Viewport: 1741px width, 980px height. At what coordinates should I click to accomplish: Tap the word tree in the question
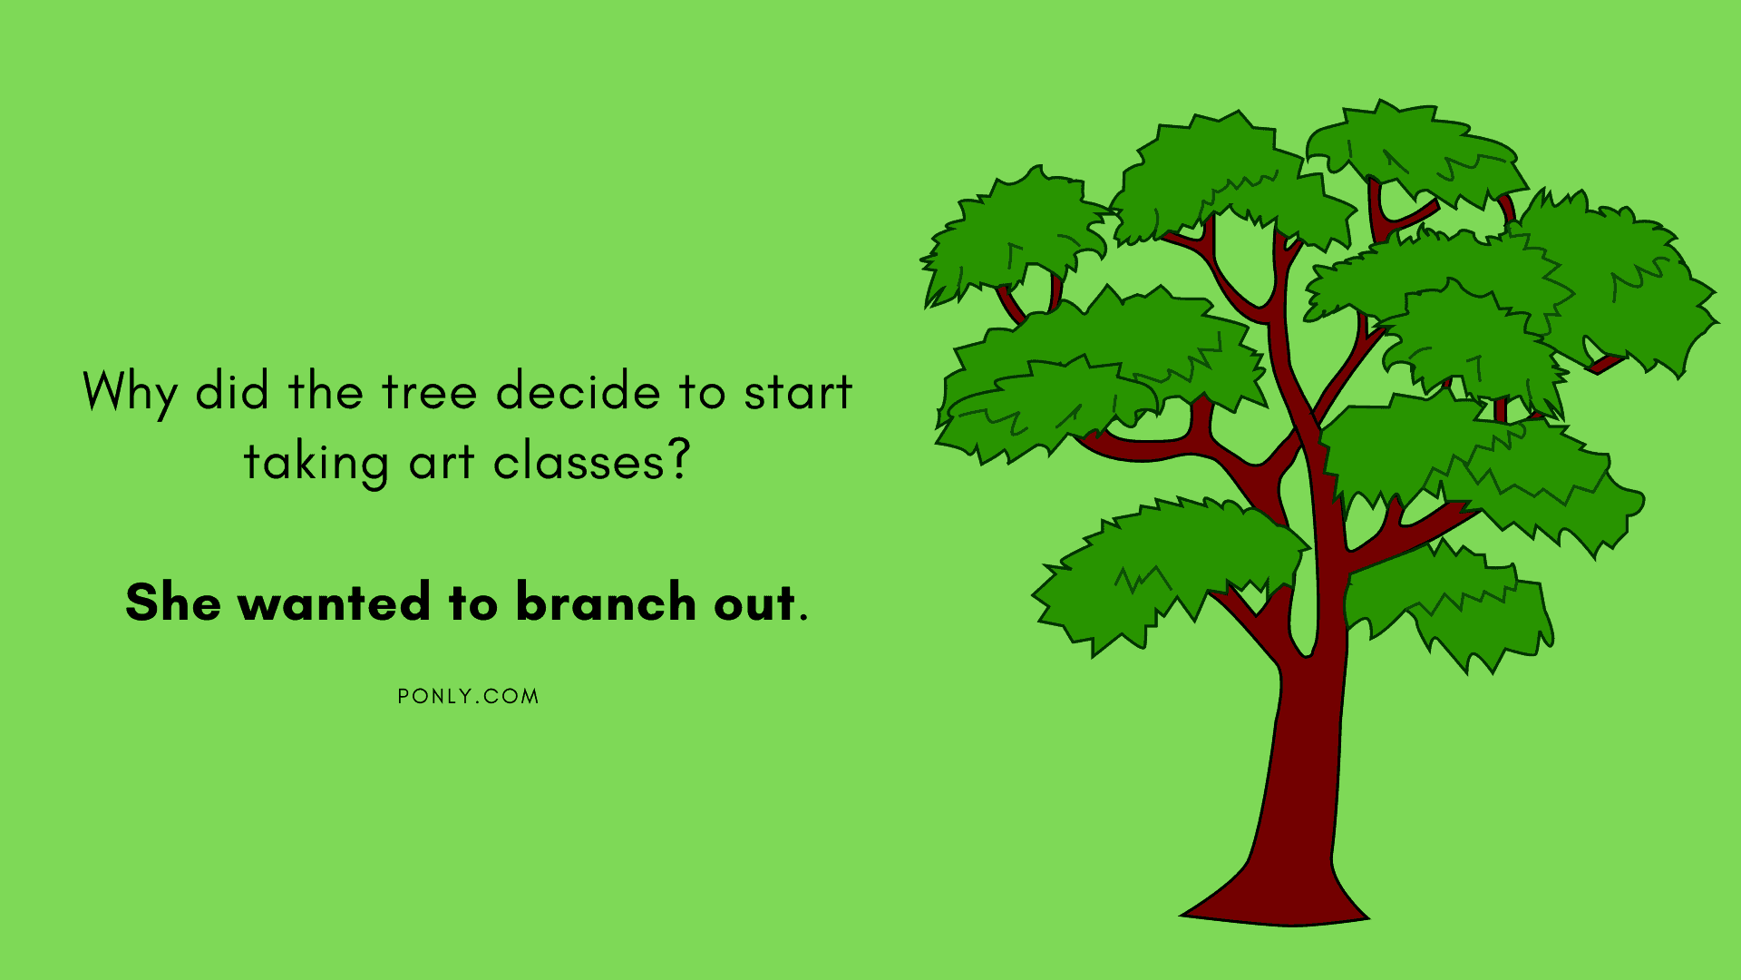click(430, 392)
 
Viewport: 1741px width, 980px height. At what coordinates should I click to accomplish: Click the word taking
click(316, 464)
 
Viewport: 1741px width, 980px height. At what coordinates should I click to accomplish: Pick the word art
click(442, 463)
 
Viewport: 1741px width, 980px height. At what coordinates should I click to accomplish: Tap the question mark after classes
click(678, 460)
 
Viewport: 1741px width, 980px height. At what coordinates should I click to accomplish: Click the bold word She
click(173, 602)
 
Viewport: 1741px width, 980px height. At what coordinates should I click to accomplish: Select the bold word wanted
click(334, 603)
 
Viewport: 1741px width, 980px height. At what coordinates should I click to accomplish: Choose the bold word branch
click(606, 602)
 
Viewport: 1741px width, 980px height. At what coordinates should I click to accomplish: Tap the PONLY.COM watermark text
click(468, 697)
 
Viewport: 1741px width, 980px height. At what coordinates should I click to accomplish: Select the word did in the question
click(232, 391)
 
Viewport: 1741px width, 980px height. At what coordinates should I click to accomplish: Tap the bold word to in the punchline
click(473, 603)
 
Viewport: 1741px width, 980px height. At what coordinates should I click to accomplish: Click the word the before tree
click(326, 391)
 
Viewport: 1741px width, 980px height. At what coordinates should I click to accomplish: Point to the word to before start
click(702, 393)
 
